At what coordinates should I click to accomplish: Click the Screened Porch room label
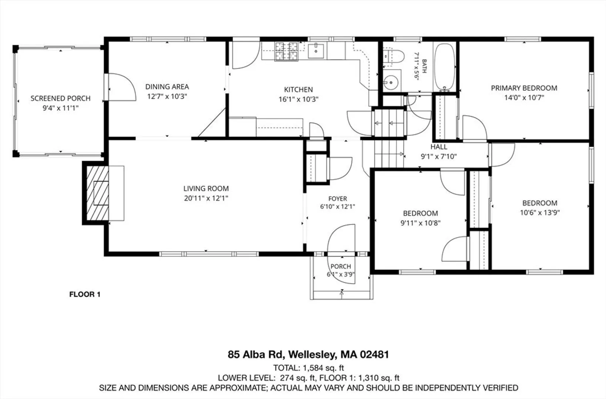(x=60, y=98)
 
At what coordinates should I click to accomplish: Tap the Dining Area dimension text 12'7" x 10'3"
(x=167, y=96)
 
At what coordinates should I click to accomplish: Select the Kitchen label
(x=299, y=89)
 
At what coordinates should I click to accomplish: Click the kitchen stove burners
(x=286, y=51)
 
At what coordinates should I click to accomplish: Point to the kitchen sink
(x=316, y=51)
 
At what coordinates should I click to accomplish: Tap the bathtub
(x=444, y=67)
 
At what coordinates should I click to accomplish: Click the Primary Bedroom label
(x=524, y=88)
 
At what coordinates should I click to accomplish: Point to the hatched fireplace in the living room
(x=97, y=193)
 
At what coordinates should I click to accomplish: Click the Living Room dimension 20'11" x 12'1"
(x=206, y=198)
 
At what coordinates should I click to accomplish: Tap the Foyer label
(x=338, y=199)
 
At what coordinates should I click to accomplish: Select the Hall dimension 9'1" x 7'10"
(x=439, y=156)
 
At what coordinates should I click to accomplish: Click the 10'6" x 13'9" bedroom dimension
(x=540, y=212)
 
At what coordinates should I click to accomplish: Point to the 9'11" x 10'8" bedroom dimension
(x=420, y=223)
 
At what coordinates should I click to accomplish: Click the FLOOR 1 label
(x=85, y=294)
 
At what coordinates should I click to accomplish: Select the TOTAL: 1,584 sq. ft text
(x=308, y=368)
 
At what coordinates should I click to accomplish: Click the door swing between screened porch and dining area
(x=122, y=87)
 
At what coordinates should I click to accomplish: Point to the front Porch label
(x=341, y=266)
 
